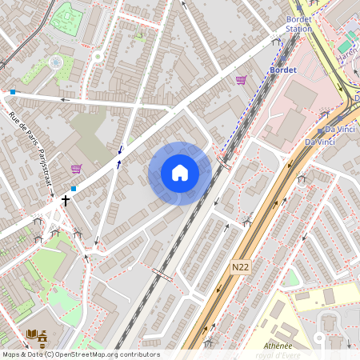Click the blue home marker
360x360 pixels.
(x=180, y=173)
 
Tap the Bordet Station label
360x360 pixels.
(x=299, y=23)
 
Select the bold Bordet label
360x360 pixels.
(x=284, y=70)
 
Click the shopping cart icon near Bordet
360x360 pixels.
(x=241, y=80)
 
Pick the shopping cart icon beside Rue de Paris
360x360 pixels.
(x=77, y=169)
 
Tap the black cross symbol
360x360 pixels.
(x=66, y=201)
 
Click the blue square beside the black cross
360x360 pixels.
(x=74, y=189)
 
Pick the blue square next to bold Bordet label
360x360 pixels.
(x=13, y=92)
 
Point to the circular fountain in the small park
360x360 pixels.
(x=55, y=62)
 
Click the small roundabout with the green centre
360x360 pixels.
(x=98, y=56)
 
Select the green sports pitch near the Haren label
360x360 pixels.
(x=349, y=41)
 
